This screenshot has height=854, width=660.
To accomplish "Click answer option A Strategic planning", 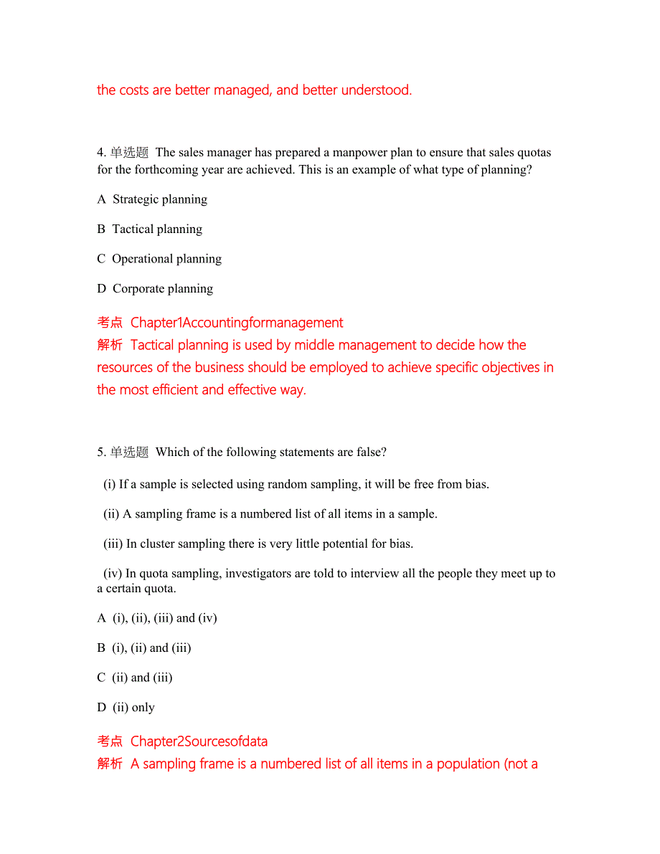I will point(152,199).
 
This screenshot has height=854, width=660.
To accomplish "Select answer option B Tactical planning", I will point(150,229).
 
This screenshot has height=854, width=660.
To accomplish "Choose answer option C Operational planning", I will point(159,259).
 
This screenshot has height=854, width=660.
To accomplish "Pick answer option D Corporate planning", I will point(155,289).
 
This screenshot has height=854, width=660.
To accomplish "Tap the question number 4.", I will point(101,152).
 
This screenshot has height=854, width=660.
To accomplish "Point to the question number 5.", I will point(101,452).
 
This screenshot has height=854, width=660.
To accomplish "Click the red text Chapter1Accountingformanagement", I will point(237,323).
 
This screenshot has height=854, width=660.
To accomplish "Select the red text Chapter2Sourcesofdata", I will point(199,741).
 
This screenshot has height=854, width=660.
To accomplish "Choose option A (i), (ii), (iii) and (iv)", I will point(157,618).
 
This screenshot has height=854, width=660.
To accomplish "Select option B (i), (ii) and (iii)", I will point(144,648).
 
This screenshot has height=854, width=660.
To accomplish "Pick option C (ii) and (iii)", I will point(135,678).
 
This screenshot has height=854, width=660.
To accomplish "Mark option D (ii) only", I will point(126,708).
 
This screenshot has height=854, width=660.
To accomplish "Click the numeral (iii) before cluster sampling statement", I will point(113,544).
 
